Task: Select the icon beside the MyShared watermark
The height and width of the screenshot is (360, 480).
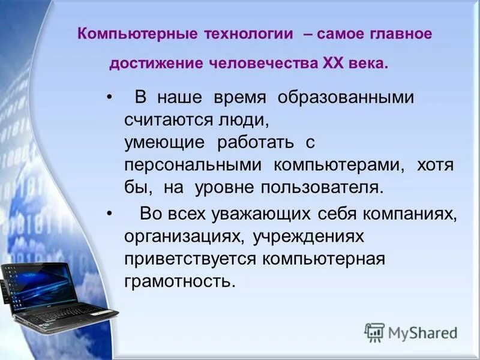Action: (374, 332)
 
